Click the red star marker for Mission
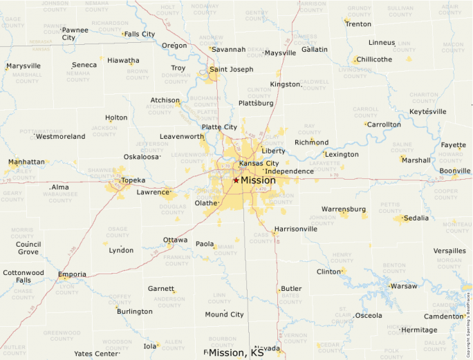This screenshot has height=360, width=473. [236, 180]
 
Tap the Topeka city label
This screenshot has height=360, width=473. [133, 180]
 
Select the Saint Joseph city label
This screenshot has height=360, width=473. [231, 69]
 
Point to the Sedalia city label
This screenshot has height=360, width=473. [416, 218]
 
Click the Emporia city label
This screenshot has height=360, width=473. [72, 274]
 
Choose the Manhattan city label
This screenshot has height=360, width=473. [26, 162]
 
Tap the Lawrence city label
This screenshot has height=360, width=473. [152, 192]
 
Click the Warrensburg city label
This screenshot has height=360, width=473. [343, 209]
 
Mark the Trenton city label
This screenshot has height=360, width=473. [358, 24]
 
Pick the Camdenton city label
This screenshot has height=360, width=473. [443, 316]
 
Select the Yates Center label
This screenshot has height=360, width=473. [96, 354]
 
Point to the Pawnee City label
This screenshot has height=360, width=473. [75, 34]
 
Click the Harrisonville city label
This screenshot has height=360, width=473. [295, 229]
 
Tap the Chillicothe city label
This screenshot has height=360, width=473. [374, 59]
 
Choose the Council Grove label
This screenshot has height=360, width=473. [28, 248]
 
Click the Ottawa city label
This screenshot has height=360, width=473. [175, 240]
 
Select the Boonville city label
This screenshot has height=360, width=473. [454, 171]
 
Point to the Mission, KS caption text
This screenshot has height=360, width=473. [236, 353]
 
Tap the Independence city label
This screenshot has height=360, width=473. [289, 171]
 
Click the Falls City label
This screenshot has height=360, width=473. [139, 34]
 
